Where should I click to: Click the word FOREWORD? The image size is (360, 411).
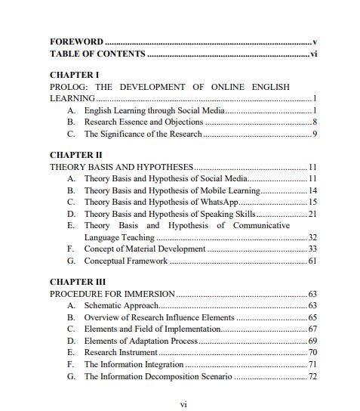click(76, 42)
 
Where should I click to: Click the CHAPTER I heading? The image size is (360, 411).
click(74, 75)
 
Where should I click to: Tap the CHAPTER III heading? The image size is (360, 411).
click(78, 281)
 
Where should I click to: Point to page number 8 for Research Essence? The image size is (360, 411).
click(313, 122)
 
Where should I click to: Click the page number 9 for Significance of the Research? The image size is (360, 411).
click(313, 134)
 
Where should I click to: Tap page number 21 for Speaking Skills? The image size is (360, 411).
click(311, 214)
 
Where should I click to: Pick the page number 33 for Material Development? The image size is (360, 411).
click(311, 249)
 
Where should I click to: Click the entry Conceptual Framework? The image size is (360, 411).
click(126, 261)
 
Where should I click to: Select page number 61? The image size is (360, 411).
click(311, 261)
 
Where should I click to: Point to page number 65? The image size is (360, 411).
click(311, 317)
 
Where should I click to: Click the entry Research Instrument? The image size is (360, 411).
click(121, 352)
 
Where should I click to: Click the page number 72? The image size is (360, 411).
click(311, 375)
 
